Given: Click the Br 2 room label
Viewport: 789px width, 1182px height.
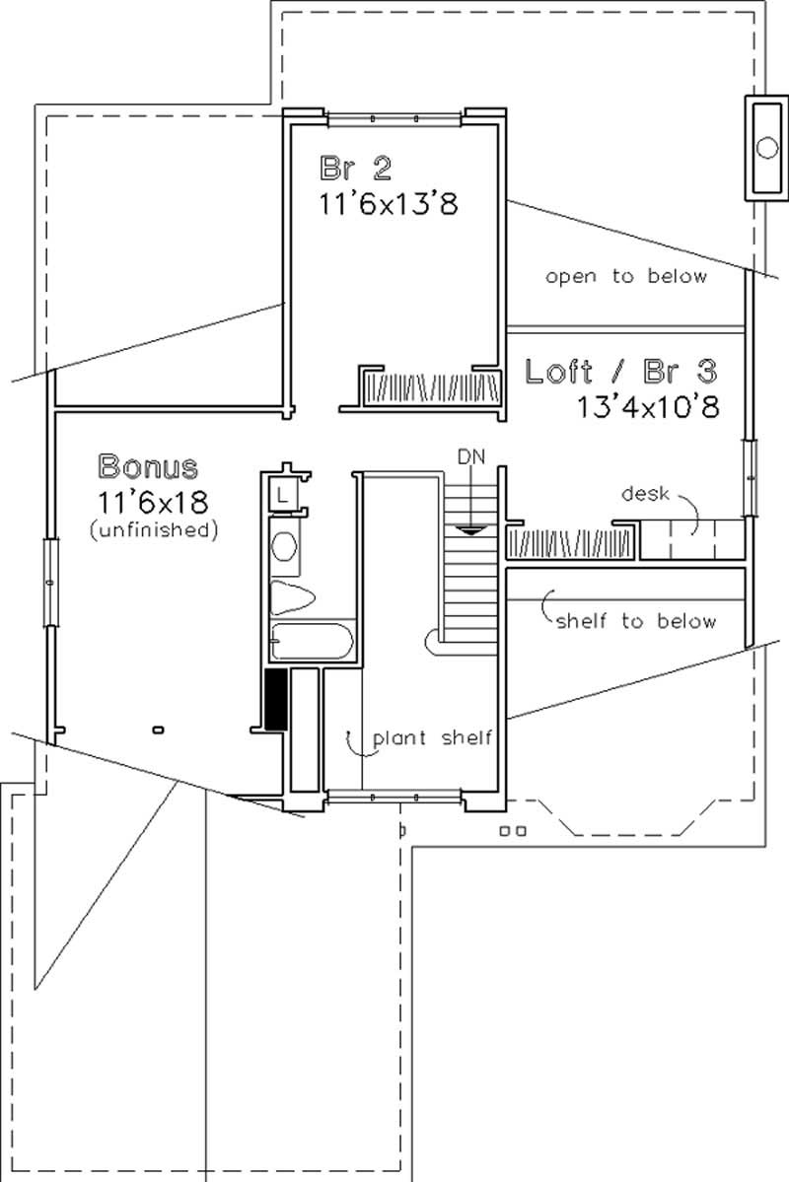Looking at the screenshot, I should (x=355, y=167).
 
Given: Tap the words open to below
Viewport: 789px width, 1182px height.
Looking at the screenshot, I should (x=627, y=277).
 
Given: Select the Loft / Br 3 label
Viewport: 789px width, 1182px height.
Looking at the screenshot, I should (x=620, y=372).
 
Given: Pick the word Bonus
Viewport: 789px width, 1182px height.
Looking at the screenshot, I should (x=148, y=465).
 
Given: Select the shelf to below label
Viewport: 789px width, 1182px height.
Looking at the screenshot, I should (x=636, y=622).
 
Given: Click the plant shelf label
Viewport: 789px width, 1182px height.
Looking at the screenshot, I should (x=431, y=738).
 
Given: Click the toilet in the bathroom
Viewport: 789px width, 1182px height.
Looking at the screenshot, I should (x=291, y=596).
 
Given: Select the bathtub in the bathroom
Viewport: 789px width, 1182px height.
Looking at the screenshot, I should (x=311, y=642).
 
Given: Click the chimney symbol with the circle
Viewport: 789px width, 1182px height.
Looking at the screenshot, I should (x=766, y=149).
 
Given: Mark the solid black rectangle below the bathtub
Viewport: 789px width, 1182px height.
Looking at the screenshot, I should (x=276, y=699).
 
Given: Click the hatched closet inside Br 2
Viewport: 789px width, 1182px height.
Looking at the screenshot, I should (x=429, y=387).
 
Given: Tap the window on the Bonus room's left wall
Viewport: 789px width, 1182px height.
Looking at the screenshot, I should (x=48, y=582).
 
